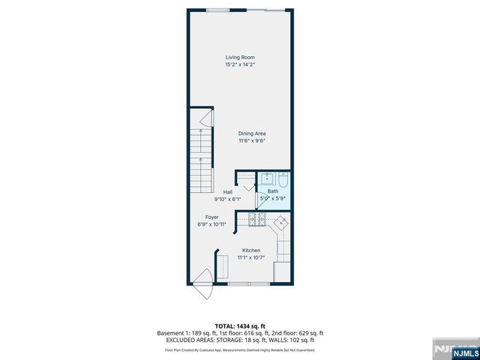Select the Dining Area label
[x=253, y=133]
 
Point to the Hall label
[x=227, y=192]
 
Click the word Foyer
[x=212, y=217]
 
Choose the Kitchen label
[x=250, y=250]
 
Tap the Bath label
[x=272, y=191]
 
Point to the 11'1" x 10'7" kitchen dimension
[x=250, y=257]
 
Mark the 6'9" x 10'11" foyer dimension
[x=212, y=224]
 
